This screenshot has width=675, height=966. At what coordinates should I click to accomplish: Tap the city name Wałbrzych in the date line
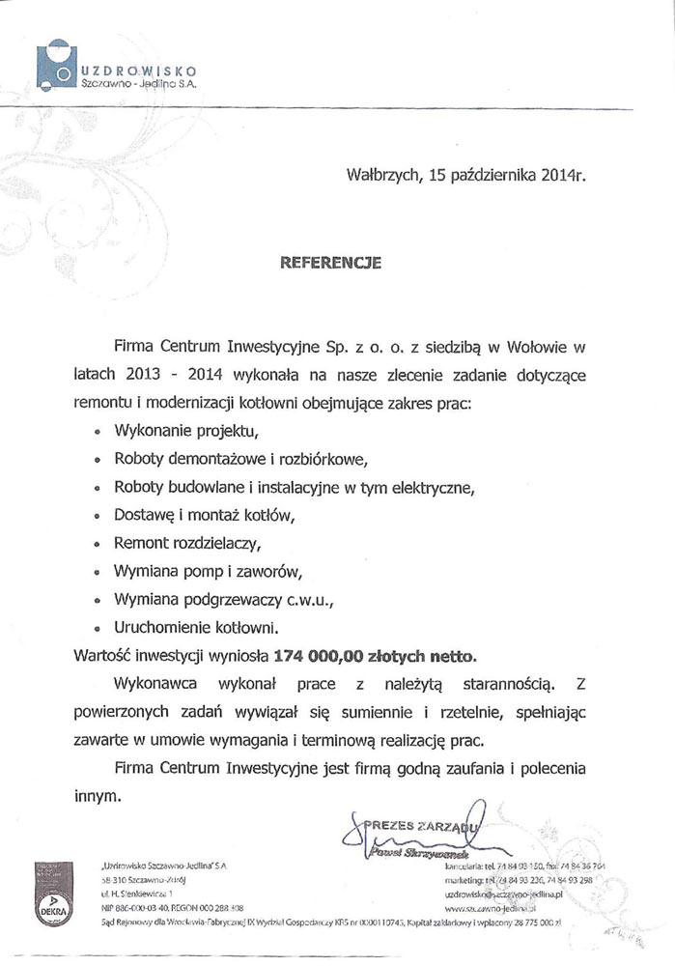[380, 176]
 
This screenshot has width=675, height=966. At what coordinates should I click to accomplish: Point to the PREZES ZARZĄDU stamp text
[419, 826]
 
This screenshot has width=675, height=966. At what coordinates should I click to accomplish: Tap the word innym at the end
[98, 798]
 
